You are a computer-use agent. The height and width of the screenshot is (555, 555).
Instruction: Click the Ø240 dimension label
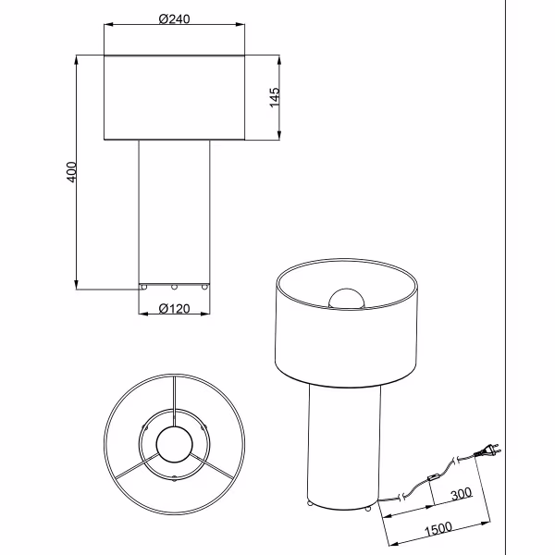coord(174,19)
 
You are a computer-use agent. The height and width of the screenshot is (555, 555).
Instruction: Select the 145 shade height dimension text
coord(275,98)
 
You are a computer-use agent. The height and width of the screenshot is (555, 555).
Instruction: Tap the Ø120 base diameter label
coord(174,309)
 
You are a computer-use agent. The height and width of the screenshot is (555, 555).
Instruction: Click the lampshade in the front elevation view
coord(174,98)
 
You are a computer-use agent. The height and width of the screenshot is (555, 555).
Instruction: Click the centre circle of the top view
coord(174,443)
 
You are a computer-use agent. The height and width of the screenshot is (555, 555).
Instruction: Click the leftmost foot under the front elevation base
coord(142,288)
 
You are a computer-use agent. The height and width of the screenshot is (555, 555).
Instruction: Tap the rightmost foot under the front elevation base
coord(205,288)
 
